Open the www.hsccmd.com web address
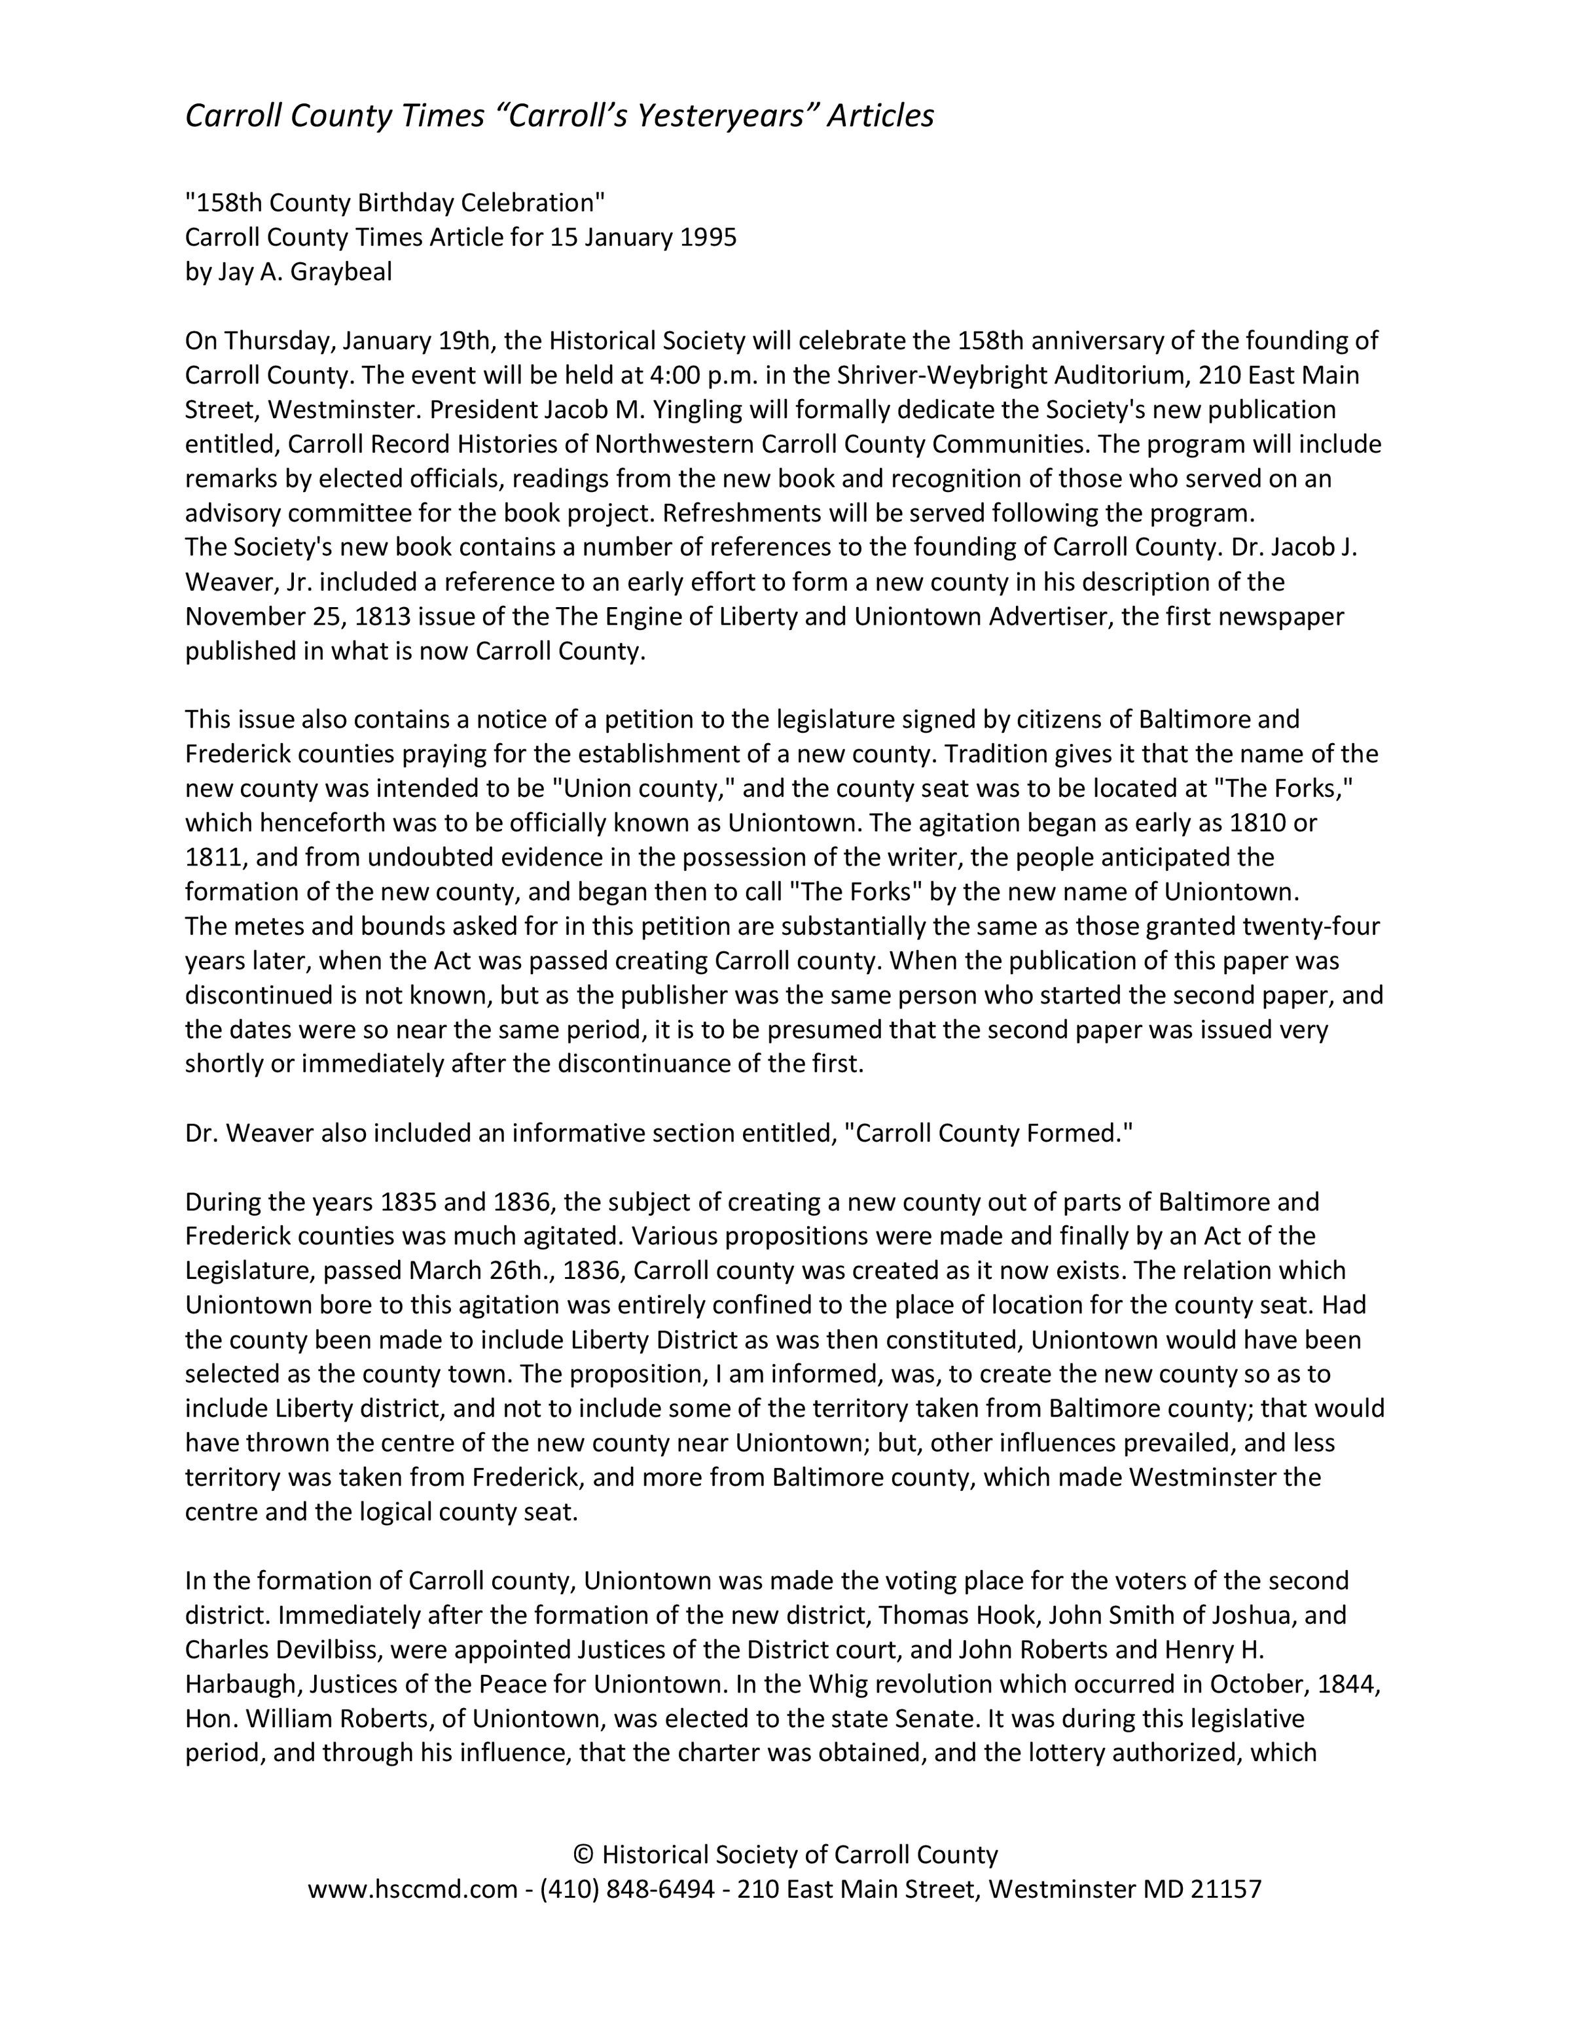pyautogui.click(x=412, y=1889)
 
